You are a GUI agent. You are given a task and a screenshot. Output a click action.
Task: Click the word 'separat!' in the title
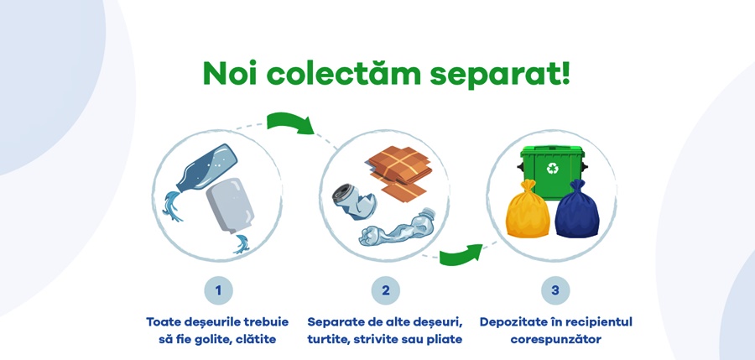[500, 74]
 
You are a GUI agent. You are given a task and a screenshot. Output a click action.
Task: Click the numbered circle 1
[218, 290]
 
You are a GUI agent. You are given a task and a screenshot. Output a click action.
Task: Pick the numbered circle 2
[386, 290]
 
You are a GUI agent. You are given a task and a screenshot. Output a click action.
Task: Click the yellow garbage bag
[528, 211]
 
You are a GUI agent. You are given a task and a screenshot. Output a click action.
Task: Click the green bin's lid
[553, 152]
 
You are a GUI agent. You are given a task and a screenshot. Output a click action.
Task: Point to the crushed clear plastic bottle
[398, 229]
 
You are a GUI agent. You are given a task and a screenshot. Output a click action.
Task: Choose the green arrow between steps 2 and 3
[461, 252]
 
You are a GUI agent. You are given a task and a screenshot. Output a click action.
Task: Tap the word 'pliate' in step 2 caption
[443, 340]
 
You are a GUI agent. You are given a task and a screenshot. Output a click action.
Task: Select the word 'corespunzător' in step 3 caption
[555, 340]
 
